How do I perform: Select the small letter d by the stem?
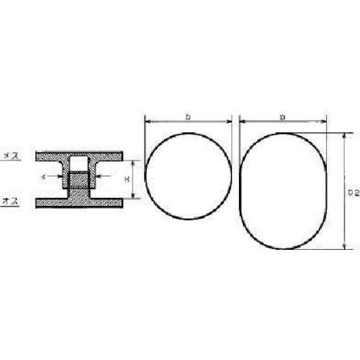pyautogui.click(x=44, y=176)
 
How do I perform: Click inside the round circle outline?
pyautogui.click(x=189, y=176)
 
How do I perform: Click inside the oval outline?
pyautogui.click(x=283, y=190)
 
